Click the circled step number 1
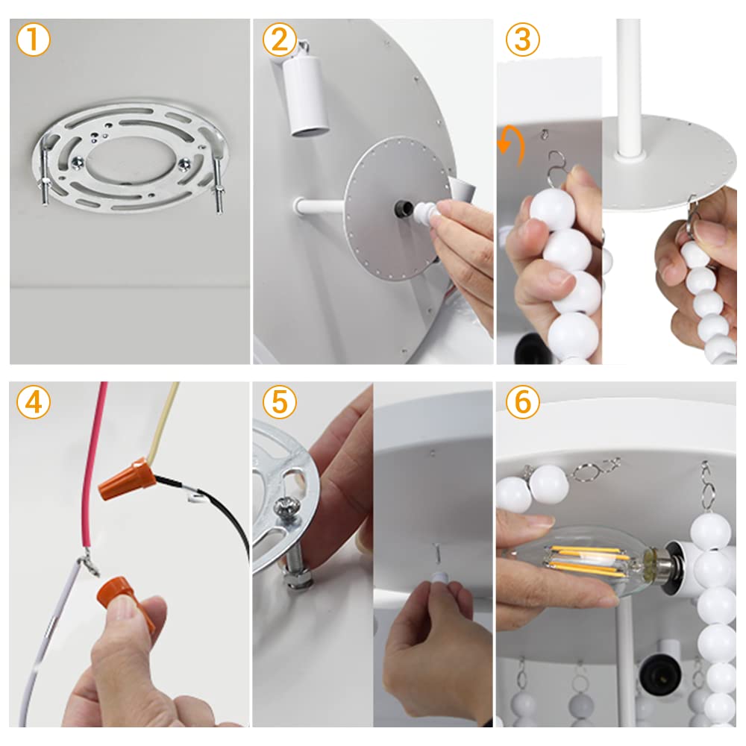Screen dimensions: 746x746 [34, 40]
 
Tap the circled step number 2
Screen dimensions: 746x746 [280, 40]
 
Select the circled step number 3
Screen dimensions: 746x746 [523, 40]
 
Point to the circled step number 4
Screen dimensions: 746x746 [34, 403]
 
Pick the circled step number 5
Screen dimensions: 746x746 [280, 403]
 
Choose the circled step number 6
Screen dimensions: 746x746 [523, 403]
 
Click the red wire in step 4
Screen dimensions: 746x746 [93, 466]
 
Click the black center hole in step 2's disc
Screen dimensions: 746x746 [404, 208]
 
